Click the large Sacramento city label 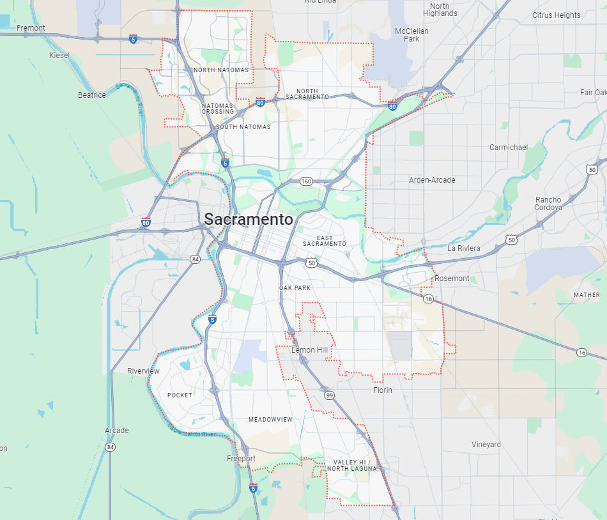tap(249, 220)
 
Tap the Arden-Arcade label tap(432, 180)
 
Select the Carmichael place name tap(509, 148)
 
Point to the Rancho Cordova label tap(549, 204)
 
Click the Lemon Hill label tap(309, 350)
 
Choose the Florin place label tap(383, 390)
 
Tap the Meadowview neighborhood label tap(270, 420)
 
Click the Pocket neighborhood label tap(180, 395)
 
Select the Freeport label tap(241, 459)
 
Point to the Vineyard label tap(486, 445)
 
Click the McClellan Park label tap(411, 34)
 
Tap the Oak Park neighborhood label tap(295, 288)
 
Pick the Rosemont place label tap(452, 279)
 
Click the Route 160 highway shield tap(306, 181)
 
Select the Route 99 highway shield tap(328, 395)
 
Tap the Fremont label tap(31, 28)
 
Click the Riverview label tap(143, 371)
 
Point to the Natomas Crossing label tap(218, 109)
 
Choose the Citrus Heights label tap(556, 15)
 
